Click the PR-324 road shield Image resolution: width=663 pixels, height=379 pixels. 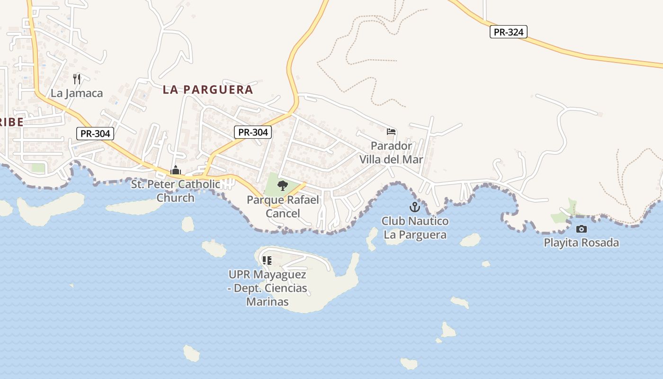click(x=508, y=32)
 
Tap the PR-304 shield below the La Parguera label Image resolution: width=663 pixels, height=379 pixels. click(x=253, y=132)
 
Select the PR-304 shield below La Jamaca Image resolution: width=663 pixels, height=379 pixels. click(x=95, y=134)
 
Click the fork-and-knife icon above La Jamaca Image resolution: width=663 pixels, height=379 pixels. click(x=77, y=79)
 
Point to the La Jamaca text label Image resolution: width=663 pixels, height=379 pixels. click(x=77, y=93)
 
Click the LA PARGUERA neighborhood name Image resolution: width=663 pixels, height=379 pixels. click(x=208, y=90)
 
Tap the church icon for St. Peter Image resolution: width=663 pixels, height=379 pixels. click(x=176, y=170)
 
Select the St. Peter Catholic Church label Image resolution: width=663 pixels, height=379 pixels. click(x=176, y=191)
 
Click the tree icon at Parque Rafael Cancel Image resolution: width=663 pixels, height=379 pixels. click(x=283, y=185)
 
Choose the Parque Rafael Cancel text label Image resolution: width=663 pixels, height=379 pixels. click(x=283, y=207)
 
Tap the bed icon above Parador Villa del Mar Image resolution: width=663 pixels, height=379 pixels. click(x=391, y=132)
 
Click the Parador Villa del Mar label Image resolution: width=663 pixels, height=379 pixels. click(x=391, y=153)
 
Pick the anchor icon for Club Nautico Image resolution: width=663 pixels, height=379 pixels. click(x=415, y=207)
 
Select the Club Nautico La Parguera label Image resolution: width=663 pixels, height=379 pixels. click(x=415, y=228)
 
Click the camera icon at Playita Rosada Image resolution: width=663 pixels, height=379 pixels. click(x=581, y=229)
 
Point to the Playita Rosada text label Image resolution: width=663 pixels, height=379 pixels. click(x=581, y=243)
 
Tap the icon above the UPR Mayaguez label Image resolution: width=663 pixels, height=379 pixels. click(x=267, y=260)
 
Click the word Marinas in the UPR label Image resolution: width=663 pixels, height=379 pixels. click(x=267, y=301)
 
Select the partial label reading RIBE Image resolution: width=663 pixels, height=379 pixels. click(x=11, y=122)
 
